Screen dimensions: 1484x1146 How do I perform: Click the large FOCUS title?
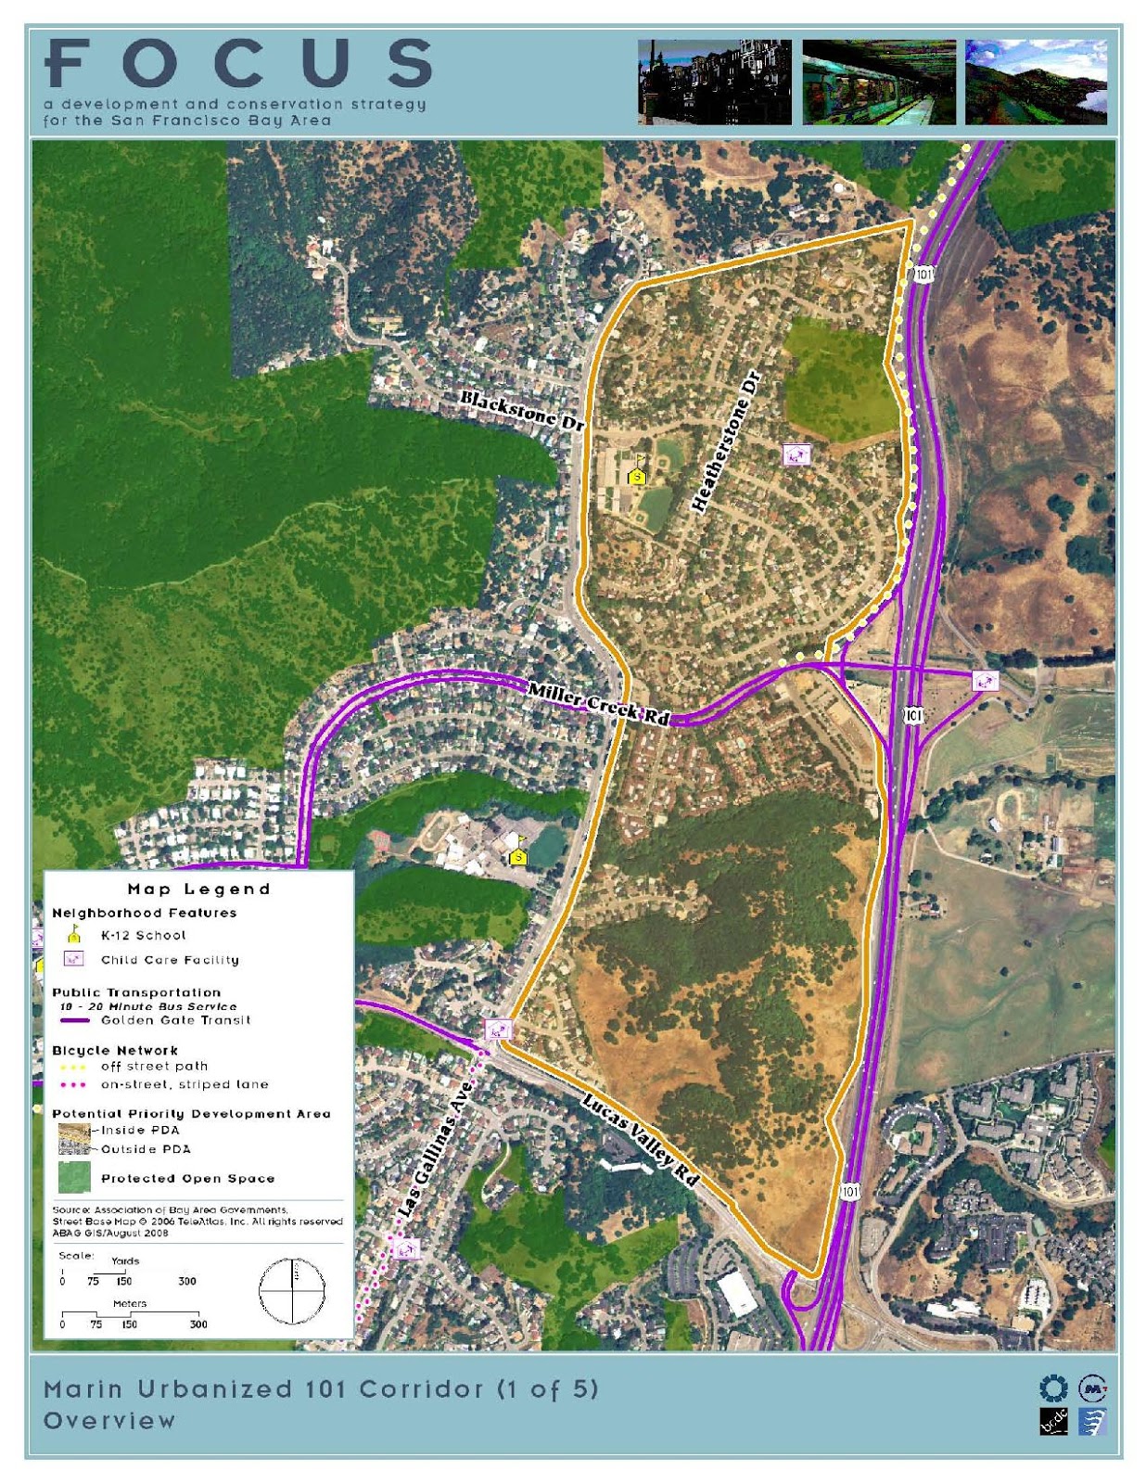tap(239, 63)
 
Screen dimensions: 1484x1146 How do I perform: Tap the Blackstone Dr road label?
tap(523, 410)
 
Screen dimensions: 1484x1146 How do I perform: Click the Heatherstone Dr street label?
tap(726, 441)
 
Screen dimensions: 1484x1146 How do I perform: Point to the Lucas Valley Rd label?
tap(640, 1139)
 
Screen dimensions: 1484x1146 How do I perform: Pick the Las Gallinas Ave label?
tap(435, 1149)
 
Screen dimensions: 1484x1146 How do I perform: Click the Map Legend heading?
tap(198, 889)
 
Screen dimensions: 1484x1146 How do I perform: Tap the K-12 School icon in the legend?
tap(74, 935)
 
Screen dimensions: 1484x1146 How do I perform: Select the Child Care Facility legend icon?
tap(73, 959)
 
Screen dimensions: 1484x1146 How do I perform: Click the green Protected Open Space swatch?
tap(74, 1178)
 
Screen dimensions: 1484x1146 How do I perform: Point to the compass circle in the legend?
tap(292, 1291)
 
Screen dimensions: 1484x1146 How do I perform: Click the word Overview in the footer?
tap(109, 1420)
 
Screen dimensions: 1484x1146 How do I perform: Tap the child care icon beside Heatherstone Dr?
tap(796, 454)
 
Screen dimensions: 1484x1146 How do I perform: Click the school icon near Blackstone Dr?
tap(637, 475)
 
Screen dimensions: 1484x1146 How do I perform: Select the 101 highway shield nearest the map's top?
tap(923, 274)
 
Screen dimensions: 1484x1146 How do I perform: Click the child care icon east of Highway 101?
tap(985, 681)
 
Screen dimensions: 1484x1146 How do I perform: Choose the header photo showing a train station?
tap(878, 82)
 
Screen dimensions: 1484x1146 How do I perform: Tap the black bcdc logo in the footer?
tap(1053, 1421)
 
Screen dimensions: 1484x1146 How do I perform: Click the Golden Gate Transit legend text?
tap(175, 1020)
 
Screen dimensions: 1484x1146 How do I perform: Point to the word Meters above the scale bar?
tap(130, 1303)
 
